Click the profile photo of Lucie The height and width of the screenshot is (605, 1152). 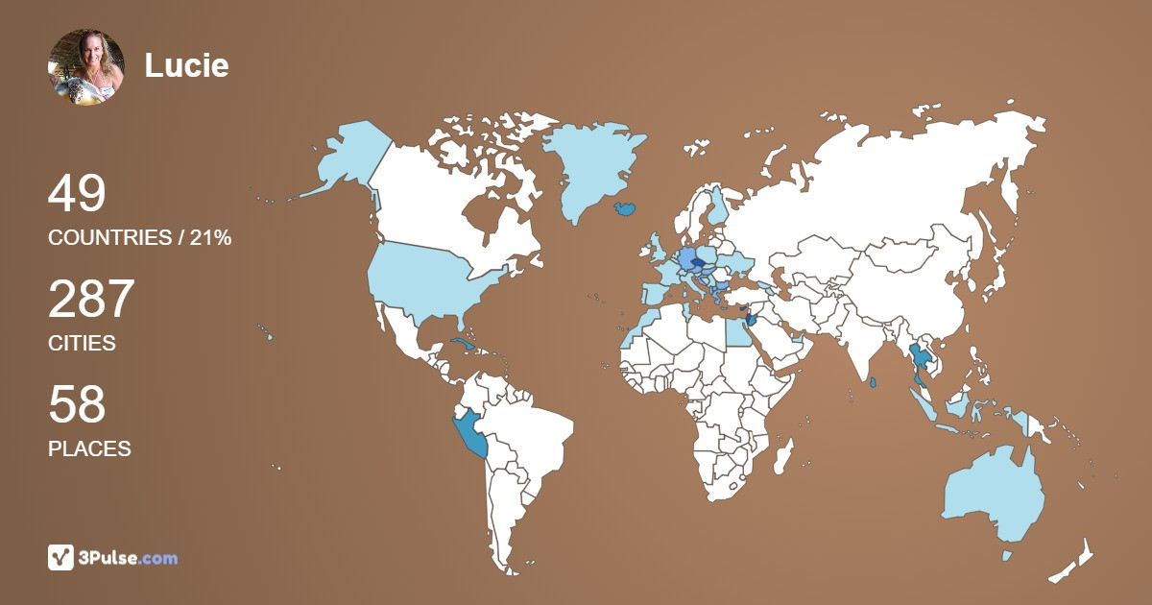[86, 66]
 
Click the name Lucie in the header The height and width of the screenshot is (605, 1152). [186, 65]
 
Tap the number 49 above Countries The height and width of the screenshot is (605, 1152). [77, 194]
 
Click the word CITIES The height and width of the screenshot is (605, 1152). [82, 343]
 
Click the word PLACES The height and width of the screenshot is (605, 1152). [89, 448]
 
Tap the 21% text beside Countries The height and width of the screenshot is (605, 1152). [210, 238]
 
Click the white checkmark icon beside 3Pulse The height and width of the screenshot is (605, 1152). [61, 557]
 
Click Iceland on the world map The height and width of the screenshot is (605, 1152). [625, 206]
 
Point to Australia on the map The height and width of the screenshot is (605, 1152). [994, 495]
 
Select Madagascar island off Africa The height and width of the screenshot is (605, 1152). [784, 459]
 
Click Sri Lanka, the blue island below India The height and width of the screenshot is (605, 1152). [872, 383]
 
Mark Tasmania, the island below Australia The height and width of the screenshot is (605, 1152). [1006, 556]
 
